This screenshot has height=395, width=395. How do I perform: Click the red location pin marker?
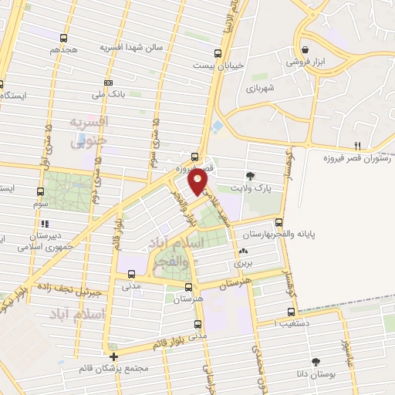point(198,181)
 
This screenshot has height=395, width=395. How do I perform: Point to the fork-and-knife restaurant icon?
point(357,146)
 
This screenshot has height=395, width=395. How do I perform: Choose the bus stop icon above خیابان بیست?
point(219,54)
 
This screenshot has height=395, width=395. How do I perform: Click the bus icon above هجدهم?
point(63,36)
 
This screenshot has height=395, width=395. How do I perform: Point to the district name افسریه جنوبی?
point(87,132)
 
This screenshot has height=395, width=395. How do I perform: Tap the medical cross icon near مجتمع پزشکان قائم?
point(114,356)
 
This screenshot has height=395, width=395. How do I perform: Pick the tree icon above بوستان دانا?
point(316,361)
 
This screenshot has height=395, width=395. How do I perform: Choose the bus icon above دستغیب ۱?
point(291,312)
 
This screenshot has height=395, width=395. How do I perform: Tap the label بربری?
point(245,263)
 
